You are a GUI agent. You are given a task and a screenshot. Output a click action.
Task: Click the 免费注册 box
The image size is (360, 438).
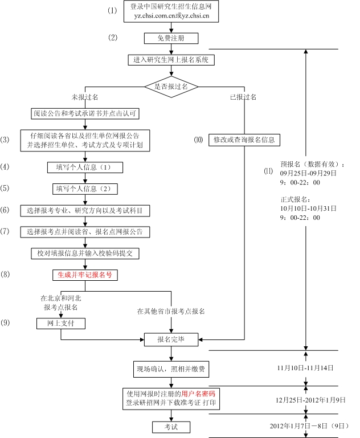click(171, 38)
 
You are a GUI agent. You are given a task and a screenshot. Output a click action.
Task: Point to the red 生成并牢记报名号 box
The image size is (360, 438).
click(85, 275)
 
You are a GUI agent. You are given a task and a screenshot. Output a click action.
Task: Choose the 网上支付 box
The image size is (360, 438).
click(61, 324)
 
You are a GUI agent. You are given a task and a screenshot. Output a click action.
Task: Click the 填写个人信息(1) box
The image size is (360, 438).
click(85, 167)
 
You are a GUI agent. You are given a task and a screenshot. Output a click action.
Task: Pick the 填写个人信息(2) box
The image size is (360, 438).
click(85, 189)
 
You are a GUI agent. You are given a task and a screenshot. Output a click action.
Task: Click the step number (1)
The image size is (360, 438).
click(112, 11)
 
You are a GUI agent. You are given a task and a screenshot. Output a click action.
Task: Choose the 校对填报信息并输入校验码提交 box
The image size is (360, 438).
click(85, 253)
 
